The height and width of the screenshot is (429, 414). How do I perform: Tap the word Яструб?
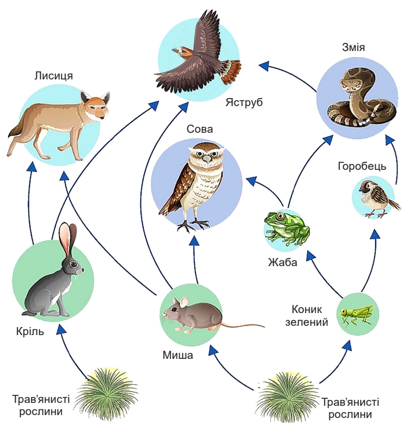(x=245, y=103)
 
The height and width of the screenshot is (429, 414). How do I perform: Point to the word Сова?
(x=199, y=129)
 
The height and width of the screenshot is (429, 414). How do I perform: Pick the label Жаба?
(x=282, y=261)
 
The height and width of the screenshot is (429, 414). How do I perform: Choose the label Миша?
(x=177, y=355)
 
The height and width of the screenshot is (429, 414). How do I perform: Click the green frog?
(x=285, y=227)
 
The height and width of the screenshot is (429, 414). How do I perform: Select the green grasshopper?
(x=357, y=315)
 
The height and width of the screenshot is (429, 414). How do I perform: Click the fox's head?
(x=94, y=107)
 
